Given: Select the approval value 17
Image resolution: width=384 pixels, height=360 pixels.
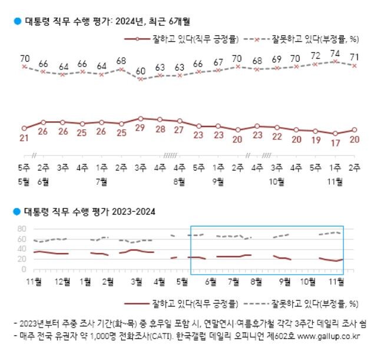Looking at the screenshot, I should point(335,142).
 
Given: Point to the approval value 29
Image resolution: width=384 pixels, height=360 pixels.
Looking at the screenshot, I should point(141,128).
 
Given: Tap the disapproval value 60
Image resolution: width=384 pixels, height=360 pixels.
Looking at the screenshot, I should point(141,71).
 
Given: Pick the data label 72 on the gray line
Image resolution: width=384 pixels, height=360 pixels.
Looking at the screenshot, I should point(316,56).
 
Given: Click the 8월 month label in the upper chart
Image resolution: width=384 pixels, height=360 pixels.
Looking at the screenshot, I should point(180,181).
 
